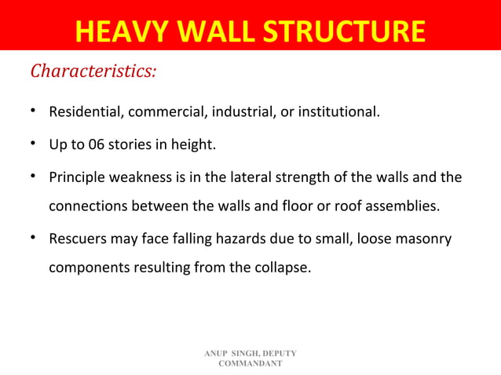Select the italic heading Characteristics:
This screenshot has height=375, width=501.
[x=93, y=72]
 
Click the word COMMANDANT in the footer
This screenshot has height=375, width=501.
[x=251, y=365]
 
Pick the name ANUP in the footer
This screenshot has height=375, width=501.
[x=215, y=355]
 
